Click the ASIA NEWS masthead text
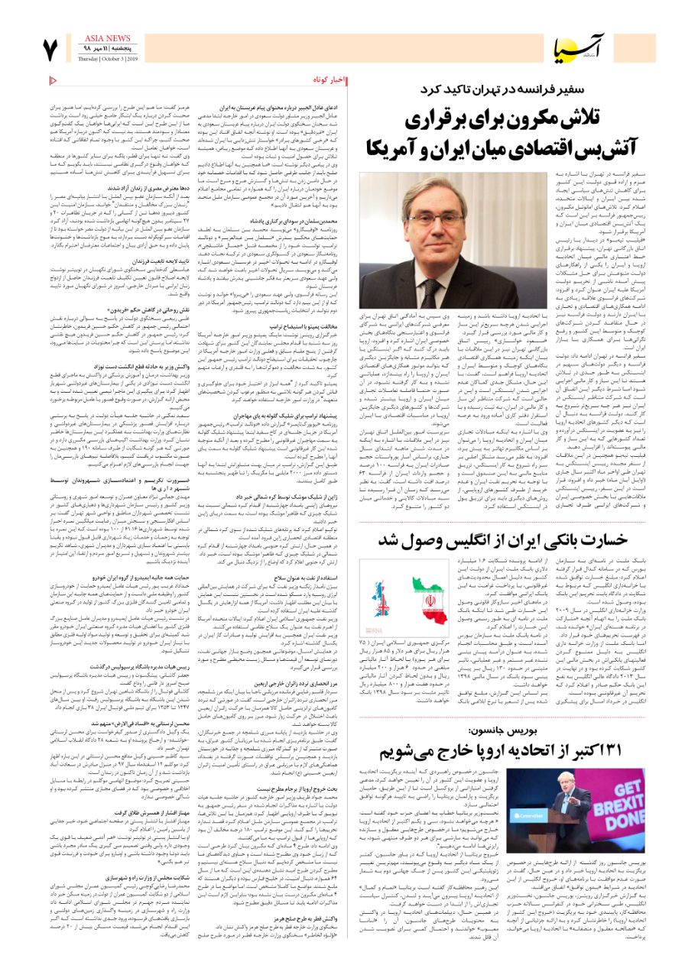coord(106,38)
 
